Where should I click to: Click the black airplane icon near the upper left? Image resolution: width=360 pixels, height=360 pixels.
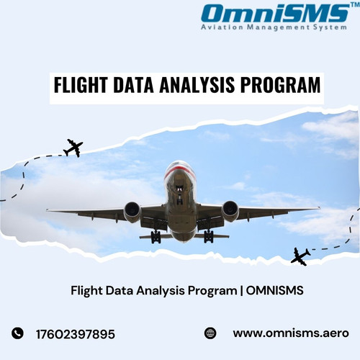pos(73,148)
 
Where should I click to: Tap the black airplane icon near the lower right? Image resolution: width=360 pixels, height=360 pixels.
pos(300,255)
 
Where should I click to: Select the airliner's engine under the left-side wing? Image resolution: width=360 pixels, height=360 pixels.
pos(132,211)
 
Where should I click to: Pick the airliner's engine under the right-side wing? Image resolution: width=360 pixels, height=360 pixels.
pos(230,210)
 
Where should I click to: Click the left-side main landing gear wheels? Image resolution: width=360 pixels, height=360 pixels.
pos(156,238)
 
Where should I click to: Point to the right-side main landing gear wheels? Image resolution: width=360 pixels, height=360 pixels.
pos(208,237)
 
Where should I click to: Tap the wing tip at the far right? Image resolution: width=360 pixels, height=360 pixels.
pos(317,208)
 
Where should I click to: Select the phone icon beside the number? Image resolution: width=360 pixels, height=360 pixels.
pos(18,333)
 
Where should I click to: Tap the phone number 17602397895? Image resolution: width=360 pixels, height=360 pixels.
pos(75,333)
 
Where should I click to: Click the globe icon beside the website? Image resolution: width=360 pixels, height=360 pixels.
pos(210,333)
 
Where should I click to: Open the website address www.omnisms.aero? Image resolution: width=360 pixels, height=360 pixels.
pos(290,333)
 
